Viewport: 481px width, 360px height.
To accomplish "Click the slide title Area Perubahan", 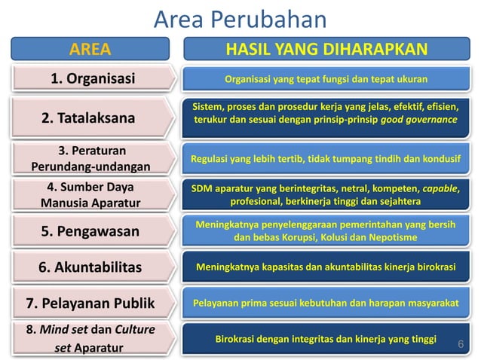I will pos(240,20).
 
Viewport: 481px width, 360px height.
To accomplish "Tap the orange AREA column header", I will pos(90,50).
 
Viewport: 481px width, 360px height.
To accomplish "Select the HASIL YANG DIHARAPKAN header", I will pos(326,50).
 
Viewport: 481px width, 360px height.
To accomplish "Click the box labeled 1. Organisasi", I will pos(92,78).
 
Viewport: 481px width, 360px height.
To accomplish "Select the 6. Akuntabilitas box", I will pos(90,267).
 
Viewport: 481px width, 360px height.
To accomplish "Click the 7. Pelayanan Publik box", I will pos(90,303).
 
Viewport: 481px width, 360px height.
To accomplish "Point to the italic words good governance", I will pos(419,120).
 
